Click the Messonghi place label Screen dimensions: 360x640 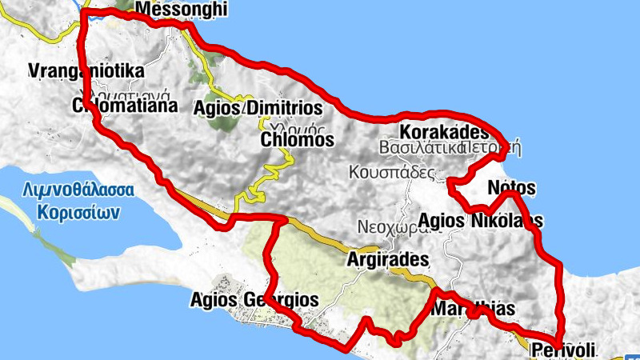pyautogui.click(x=182, y=10)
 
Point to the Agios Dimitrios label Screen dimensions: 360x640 pyautogui.click(x=258, y=108)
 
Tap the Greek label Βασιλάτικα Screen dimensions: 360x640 pyautogui.click(x=421, y=148)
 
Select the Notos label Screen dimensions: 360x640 pyautogui.click(x=511, y=188)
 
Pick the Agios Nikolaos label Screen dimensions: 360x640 pyautogui.click(x=482, y=220)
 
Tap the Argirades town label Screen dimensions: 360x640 pyautogui.click(x=388, y=260)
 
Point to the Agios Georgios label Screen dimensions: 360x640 pyautogui.click(x=255, y=300)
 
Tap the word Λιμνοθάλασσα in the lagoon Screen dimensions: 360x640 pyautogui.click(x=77, y=192)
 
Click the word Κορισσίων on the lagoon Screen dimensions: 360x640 pyautogui.click(x=77, y=213)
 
